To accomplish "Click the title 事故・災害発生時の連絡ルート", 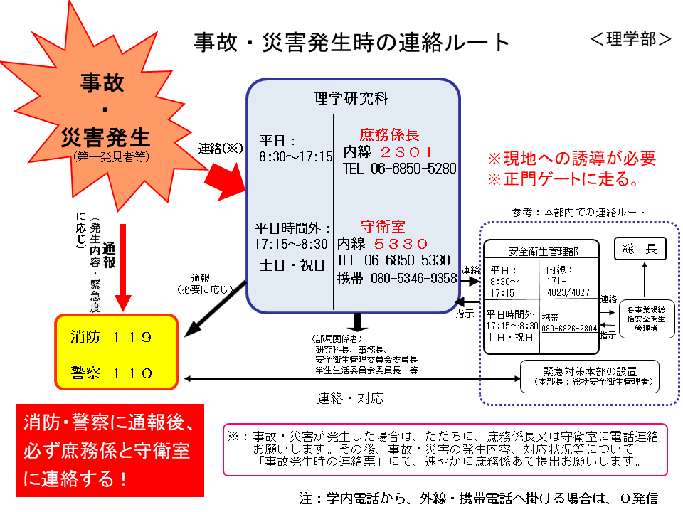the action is tap(351, 43).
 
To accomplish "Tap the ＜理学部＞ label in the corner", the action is tap(630, 39).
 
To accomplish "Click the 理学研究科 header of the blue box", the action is tap(351, 98).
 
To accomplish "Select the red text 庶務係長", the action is tap(389, 134).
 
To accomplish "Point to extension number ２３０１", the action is tap(406, 152).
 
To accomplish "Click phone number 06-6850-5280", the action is tap(413, 169).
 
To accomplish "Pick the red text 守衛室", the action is tap(383, 226).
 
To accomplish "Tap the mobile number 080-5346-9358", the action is tap(414, 278).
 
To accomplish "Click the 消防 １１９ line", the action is tap(111, 337).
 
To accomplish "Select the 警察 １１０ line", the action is tap(111, 373).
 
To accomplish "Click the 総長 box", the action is tap(640, 249).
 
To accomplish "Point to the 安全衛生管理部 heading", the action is tap(543, 251).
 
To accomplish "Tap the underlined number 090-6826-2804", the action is tap(569, 329).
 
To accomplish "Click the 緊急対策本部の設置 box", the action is tap(590, 377).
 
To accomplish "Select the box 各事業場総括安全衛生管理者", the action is tap(647, 319).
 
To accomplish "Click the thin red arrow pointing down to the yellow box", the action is tap(123, 267).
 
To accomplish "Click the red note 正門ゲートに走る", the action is tap(564, 179).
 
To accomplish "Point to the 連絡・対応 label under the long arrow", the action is tap(350, 398).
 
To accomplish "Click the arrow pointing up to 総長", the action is tap(645, 280).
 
